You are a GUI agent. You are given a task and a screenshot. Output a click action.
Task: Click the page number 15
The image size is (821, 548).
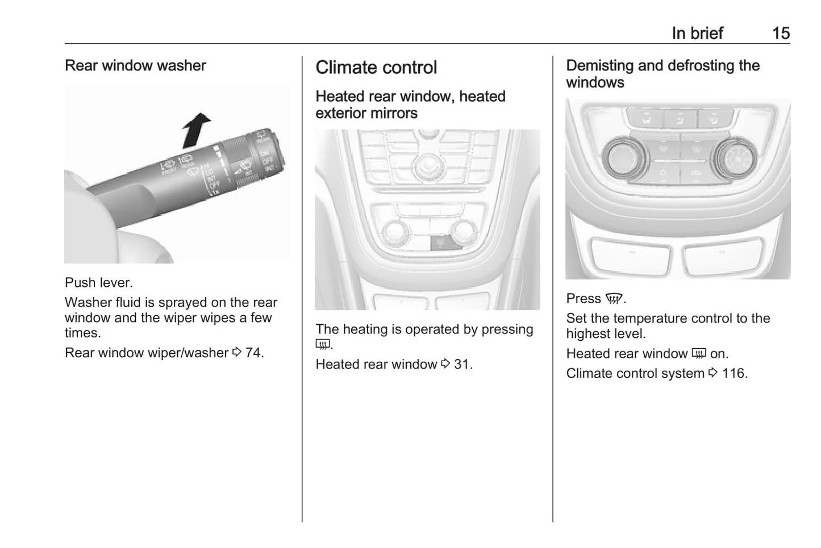tap(781, 34)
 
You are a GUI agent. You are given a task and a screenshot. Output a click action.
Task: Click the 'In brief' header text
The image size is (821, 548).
tap(698, 34)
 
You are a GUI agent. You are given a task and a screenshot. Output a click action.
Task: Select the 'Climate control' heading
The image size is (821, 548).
tap(376, 68)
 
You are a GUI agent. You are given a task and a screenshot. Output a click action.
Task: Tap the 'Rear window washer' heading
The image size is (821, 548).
tap(135, 65)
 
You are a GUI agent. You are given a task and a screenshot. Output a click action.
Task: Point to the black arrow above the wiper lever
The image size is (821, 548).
tap(196, 130)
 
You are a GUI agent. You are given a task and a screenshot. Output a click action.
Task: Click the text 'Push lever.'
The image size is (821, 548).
tap(99, 282)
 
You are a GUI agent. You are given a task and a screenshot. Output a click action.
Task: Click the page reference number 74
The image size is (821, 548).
tap(255, 353)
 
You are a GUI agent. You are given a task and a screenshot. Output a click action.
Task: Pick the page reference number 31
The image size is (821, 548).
tap(463, 364)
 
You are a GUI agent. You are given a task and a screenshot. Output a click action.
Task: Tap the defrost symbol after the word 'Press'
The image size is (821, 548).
tap(614, 299)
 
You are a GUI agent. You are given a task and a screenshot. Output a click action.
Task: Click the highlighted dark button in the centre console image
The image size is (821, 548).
tap(445, 243)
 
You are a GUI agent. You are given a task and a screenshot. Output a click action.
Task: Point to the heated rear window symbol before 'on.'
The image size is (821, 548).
tap(699, 354)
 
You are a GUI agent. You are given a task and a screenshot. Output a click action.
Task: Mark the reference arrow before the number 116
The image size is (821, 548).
tap(713, 373)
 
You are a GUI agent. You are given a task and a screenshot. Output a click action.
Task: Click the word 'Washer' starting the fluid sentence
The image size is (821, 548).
tap(88, 302)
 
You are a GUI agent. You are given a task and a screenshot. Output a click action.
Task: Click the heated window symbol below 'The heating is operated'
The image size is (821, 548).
tap(323, 344)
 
